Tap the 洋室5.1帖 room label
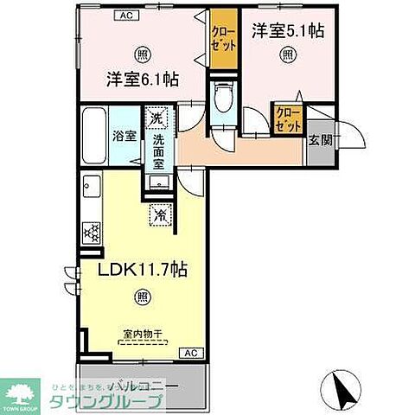(x=288, y=31)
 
